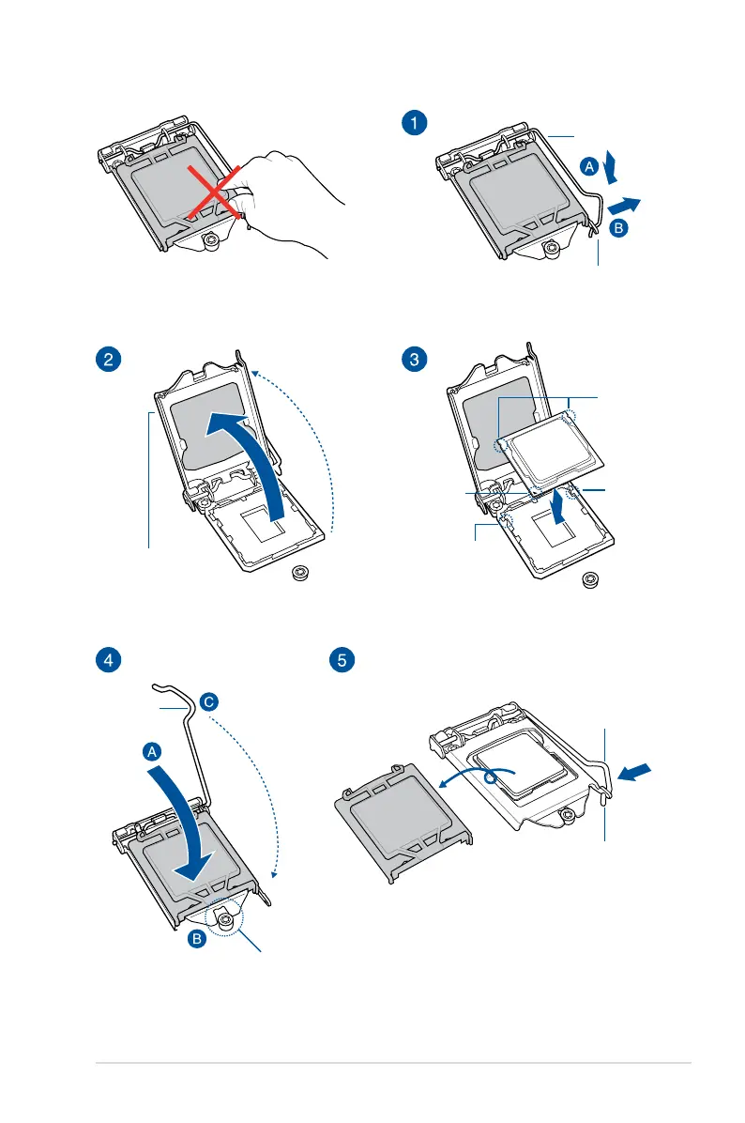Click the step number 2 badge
pos(110,359)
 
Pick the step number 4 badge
pos(110,659)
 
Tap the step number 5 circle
pos(342,659)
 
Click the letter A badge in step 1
pos(589,166)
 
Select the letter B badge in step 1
pos(618,228)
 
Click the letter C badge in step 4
pos(208,700)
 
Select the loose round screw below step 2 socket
pos(302,575)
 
